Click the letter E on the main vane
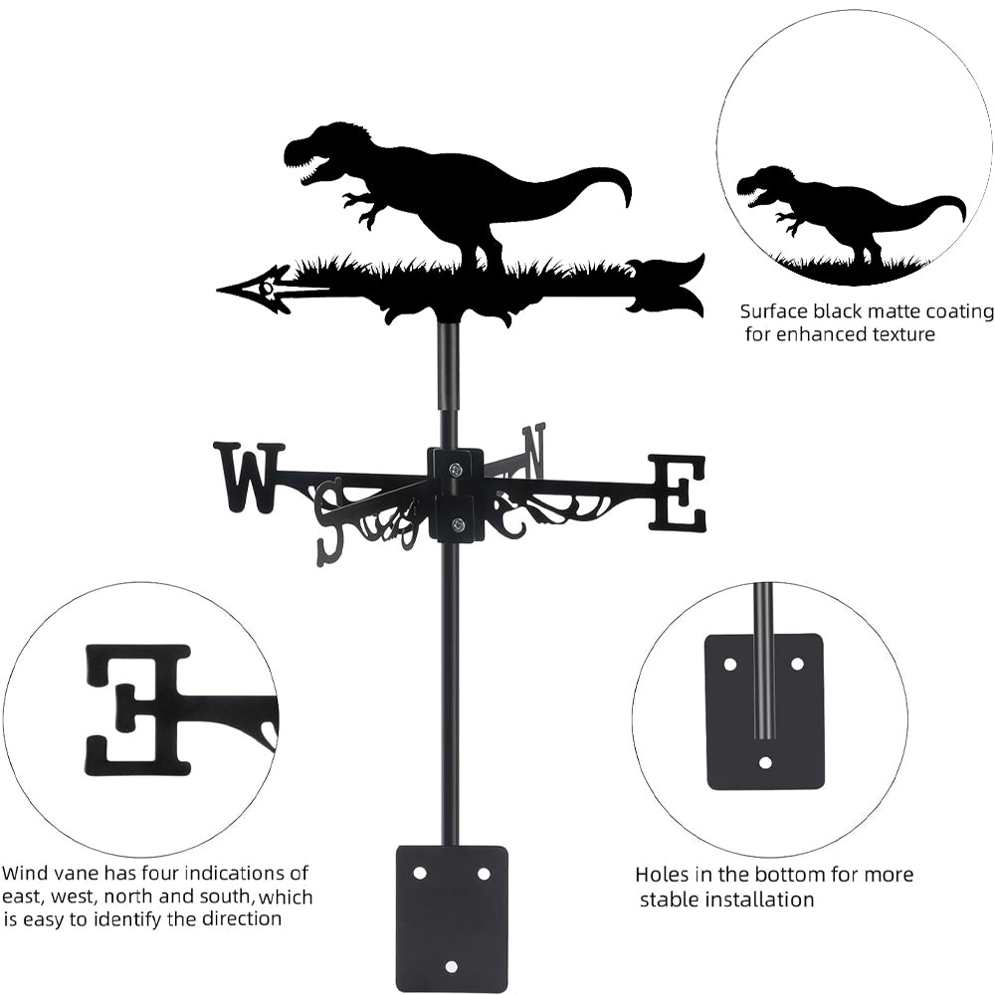pos(678,493)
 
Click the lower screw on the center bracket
pos(457,524)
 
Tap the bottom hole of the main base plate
pos(452,966)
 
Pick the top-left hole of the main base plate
pos(420,873)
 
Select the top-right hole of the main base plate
pos(484,873)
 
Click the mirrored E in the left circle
pos(139,708)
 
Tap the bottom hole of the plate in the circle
pos(764,763)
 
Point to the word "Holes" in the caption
pos(664,876)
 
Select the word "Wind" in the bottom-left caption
pos(25,874)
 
